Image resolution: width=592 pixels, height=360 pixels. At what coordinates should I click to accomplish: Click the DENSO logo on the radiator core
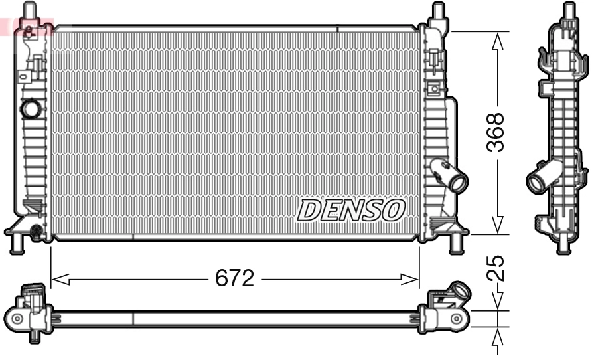pos(350,210)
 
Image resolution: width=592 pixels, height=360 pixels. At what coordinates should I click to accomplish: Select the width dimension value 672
pos(234,279)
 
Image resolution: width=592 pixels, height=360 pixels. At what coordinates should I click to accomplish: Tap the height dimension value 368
pos(496,133)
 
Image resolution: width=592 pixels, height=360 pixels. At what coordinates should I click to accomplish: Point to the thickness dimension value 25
pos(496,268)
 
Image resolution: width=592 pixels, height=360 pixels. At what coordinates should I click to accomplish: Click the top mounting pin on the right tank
pos(437,11)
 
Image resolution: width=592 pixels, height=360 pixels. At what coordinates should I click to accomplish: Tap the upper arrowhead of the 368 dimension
pos(496,39)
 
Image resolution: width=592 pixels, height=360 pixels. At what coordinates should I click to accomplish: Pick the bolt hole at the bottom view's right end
pos(455,319)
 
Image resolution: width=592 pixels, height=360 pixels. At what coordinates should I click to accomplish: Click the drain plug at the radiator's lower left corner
pos(35,230)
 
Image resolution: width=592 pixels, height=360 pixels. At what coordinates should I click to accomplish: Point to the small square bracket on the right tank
pos(434,88)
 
